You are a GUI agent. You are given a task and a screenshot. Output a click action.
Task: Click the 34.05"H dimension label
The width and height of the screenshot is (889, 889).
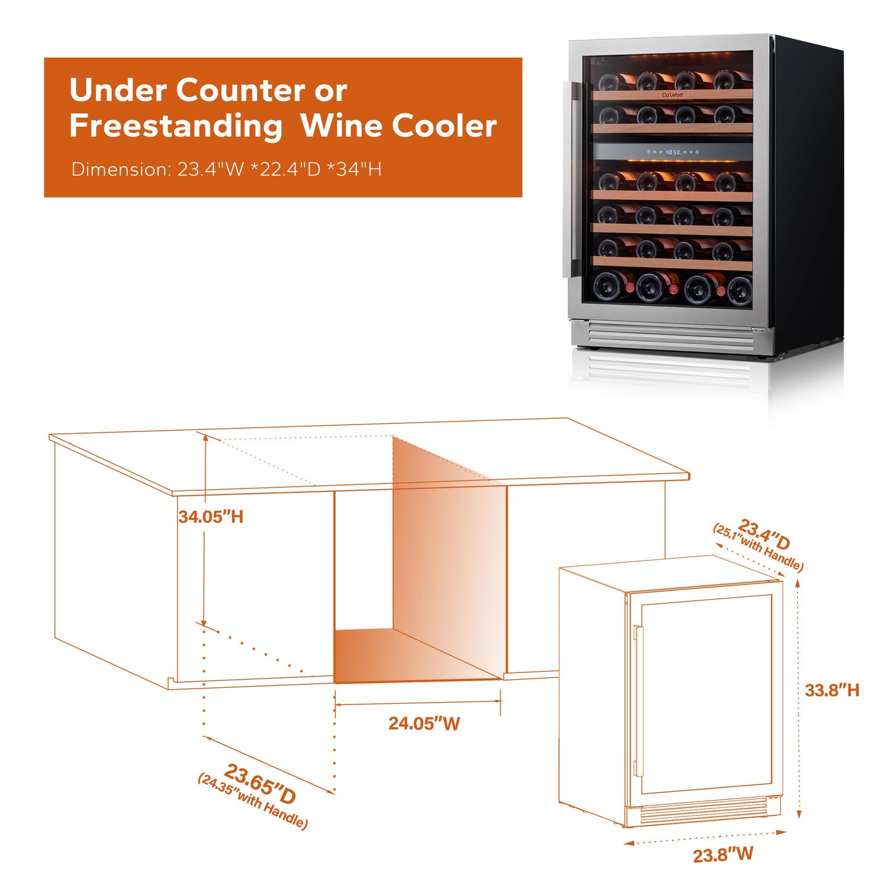(x=210, y=516)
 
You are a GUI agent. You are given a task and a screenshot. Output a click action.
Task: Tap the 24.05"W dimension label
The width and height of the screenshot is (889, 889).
(x=424, y=724)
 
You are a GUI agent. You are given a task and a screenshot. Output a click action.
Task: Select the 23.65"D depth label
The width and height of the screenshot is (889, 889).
(x=260, y=783)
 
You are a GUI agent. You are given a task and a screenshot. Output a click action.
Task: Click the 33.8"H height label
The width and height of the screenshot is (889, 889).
(x=831, y=690)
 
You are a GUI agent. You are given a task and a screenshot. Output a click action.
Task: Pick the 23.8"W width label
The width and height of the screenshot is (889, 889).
(x=723, y=855)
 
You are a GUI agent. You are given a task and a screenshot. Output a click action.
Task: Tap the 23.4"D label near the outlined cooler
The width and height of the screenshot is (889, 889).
(x=764, y=534)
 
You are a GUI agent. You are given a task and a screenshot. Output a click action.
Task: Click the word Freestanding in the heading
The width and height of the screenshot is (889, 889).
(x=176, y=126)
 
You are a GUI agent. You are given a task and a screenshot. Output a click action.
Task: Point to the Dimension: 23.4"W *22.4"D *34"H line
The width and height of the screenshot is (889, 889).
(x=226, y=169)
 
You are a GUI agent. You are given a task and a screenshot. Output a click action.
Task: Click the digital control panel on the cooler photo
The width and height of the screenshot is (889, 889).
(x=673, y=151)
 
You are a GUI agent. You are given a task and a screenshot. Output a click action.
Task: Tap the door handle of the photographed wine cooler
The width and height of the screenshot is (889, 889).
(x=567, y=179)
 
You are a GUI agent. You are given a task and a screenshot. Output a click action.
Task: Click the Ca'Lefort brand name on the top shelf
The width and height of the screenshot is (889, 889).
(x=672, y=95)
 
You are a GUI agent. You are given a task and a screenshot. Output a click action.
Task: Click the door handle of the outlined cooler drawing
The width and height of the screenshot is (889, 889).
(x=637, y=701)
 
